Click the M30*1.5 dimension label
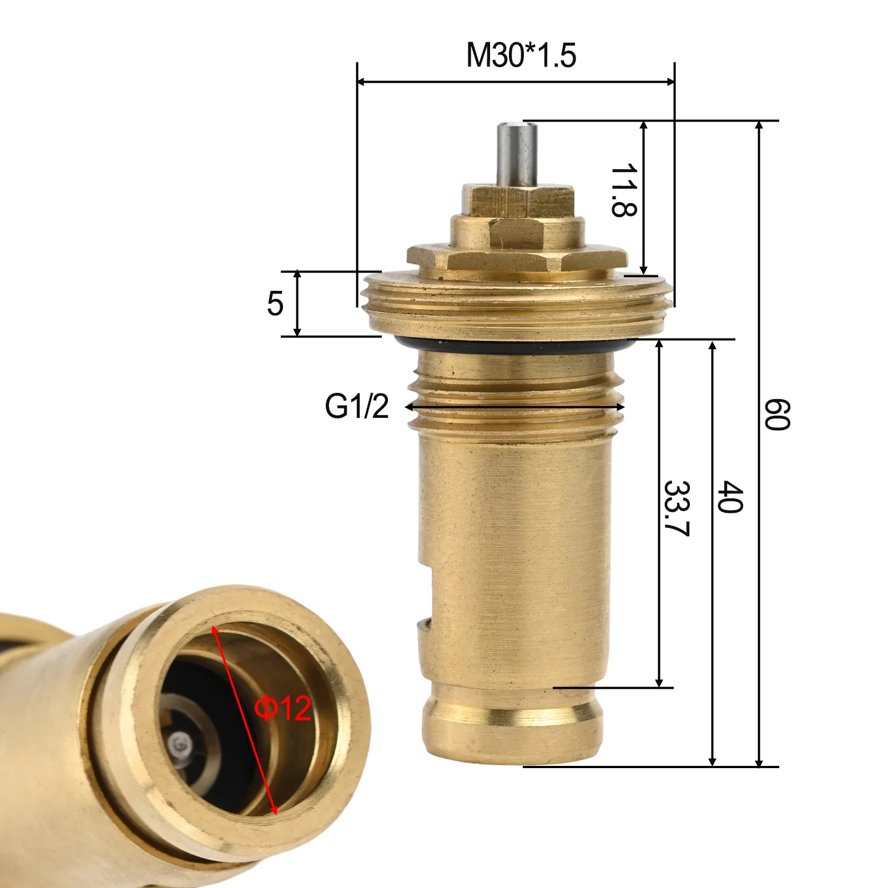(521, 56)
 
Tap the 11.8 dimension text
(623, 190)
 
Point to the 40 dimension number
(730, 497)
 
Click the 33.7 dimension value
(677, 508)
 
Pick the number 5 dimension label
(275, 304)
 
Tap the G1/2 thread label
(357, 406)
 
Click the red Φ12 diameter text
(282, 708)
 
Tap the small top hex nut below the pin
(518, 201)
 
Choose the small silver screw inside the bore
(179, 743)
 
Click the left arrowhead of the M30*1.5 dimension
(361, 82)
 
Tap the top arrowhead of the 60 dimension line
(760, 125)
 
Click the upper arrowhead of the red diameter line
(215, 630)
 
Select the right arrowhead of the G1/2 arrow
(621, 407)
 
